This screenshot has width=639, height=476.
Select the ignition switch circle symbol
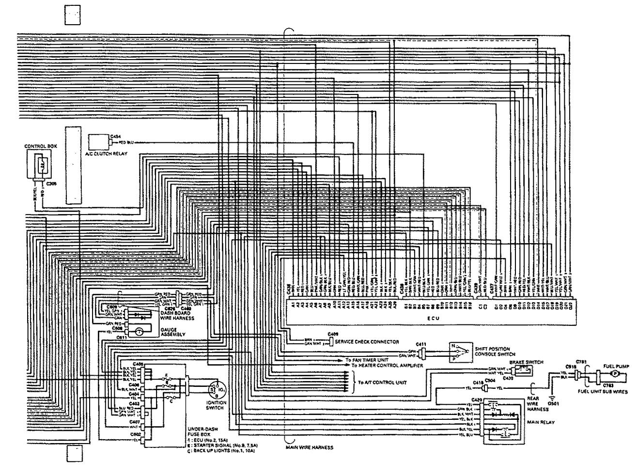214,387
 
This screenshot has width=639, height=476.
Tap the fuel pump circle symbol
615,374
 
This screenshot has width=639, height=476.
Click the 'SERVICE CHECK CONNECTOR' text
370,342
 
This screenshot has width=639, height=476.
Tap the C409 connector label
333,334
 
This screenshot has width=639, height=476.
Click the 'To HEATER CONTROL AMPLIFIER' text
388,366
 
